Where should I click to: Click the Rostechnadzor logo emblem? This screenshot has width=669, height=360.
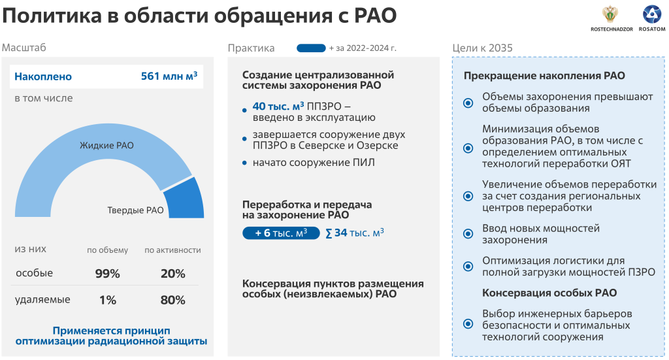tap(611, 15)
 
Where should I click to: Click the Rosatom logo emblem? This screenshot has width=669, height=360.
tap(651, 14)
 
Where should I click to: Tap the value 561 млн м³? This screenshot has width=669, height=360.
tap(169, 76)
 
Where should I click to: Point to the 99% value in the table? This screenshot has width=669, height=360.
tap(108, 273)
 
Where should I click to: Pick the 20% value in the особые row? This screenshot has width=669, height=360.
tap(172, 273)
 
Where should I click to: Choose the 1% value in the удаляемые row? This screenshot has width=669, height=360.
tap(108, 301)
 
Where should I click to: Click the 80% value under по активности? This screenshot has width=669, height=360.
tap(172, 301)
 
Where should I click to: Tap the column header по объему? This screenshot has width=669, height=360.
tap(108, 250)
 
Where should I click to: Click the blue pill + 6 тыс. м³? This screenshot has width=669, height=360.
tap(281, 233)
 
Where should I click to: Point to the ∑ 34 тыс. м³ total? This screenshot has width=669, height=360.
tap(355, 233)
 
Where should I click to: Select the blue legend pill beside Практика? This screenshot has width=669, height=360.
tap(311, 48)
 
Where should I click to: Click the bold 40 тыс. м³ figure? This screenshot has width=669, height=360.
tap(278, 106)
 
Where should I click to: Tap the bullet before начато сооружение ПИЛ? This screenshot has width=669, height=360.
tap(244, 163)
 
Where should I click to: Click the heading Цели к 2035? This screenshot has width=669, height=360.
tap(483, 48)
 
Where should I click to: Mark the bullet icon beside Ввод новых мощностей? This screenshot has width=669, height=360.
tap(468, 234)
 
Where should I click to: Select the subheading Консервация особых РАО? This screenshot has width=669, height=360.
tap(549, 293)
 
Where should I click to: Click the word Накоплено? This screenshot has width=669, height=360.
tap(43, 77)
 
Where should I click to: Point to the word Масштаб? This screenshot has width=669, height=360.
tap(24, 47)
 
